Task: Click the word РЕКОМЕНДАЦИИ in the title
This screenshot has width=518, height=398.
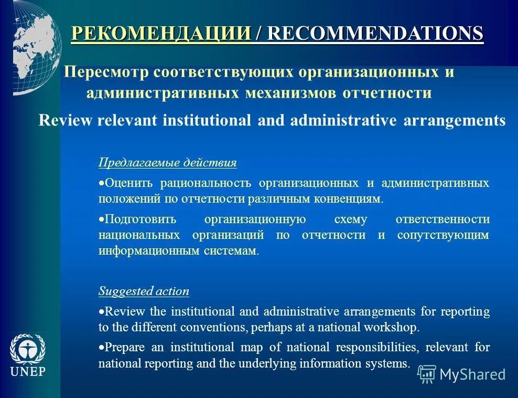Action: pos(161,33)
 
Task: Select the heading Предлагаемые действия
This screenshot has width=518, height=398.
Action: pos(167,163)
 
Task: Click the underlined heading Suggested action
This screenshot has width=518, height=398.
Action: pos(144,291)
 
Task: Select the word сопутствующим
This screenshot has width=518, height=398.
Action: pos(443,235)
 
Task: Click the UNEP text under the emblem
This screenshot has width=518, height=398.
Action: pos(28,372)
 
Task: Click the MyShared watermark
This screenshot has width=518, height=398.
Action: pos(461,374)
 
